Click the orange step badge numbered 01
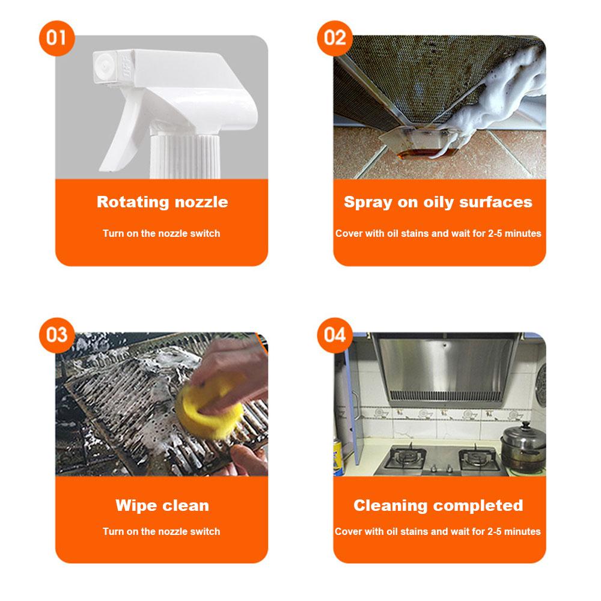[56, 38]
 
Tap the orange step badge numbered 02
[335, 38]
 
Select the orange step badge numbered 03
[56, 335]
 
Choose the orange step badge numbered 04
[335, 335]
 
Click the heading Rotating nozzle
[162, 202]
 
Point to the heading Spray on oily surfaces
[438, 203]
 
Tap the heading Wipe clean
[162, 505]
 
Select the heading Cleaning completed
[438, 506]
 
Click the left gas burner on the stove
[406, 457]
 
